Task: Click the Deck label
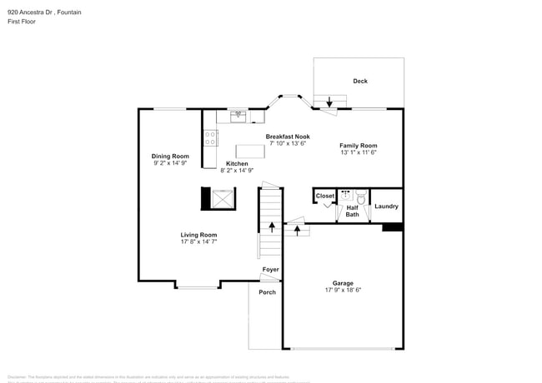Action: [360, 81]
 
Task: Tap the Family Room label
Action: [359, 146]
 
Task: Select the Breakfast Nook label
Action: [288, 137]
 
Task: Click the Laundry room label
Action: [386, 206]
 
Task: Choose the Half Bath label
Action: [353, 211]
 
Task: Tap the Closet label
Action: [324, 196]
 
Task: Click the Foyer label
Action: [271, 270]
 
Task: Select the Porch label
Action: [267, 292]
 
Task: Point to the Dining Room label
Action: [170, 157]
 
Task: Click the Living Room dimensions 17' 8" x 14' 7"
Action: [198, 241]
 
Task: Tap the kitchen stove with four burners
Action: [211, 138]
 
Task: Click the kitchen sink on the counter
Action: [238, 115]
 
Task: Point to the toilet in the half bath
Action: [360, 197]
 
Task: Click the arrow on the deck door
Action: [329, 102]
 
